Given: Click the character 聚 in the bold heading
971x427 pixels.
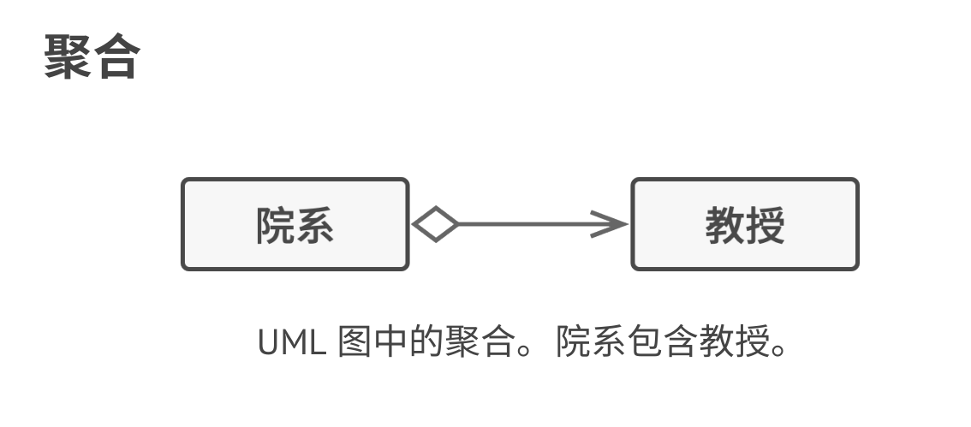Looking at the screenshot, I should coord(68,57).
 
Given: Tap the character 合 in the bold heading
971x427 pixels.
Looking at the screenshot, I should coord(116,57).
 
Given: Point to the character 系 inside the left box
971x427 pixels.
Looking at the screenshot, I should coord(314,226).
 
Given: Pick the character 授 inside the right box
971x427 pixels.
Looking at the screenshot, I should coord(765,226).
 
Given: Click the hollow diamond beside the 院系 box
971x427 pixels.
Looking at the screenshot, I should coord(435,225).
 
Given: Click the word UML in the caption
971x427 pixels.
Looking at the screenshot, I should coord(292,343).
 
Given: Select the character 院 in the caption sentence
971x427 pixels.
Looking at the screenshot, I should coord(575,343).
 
